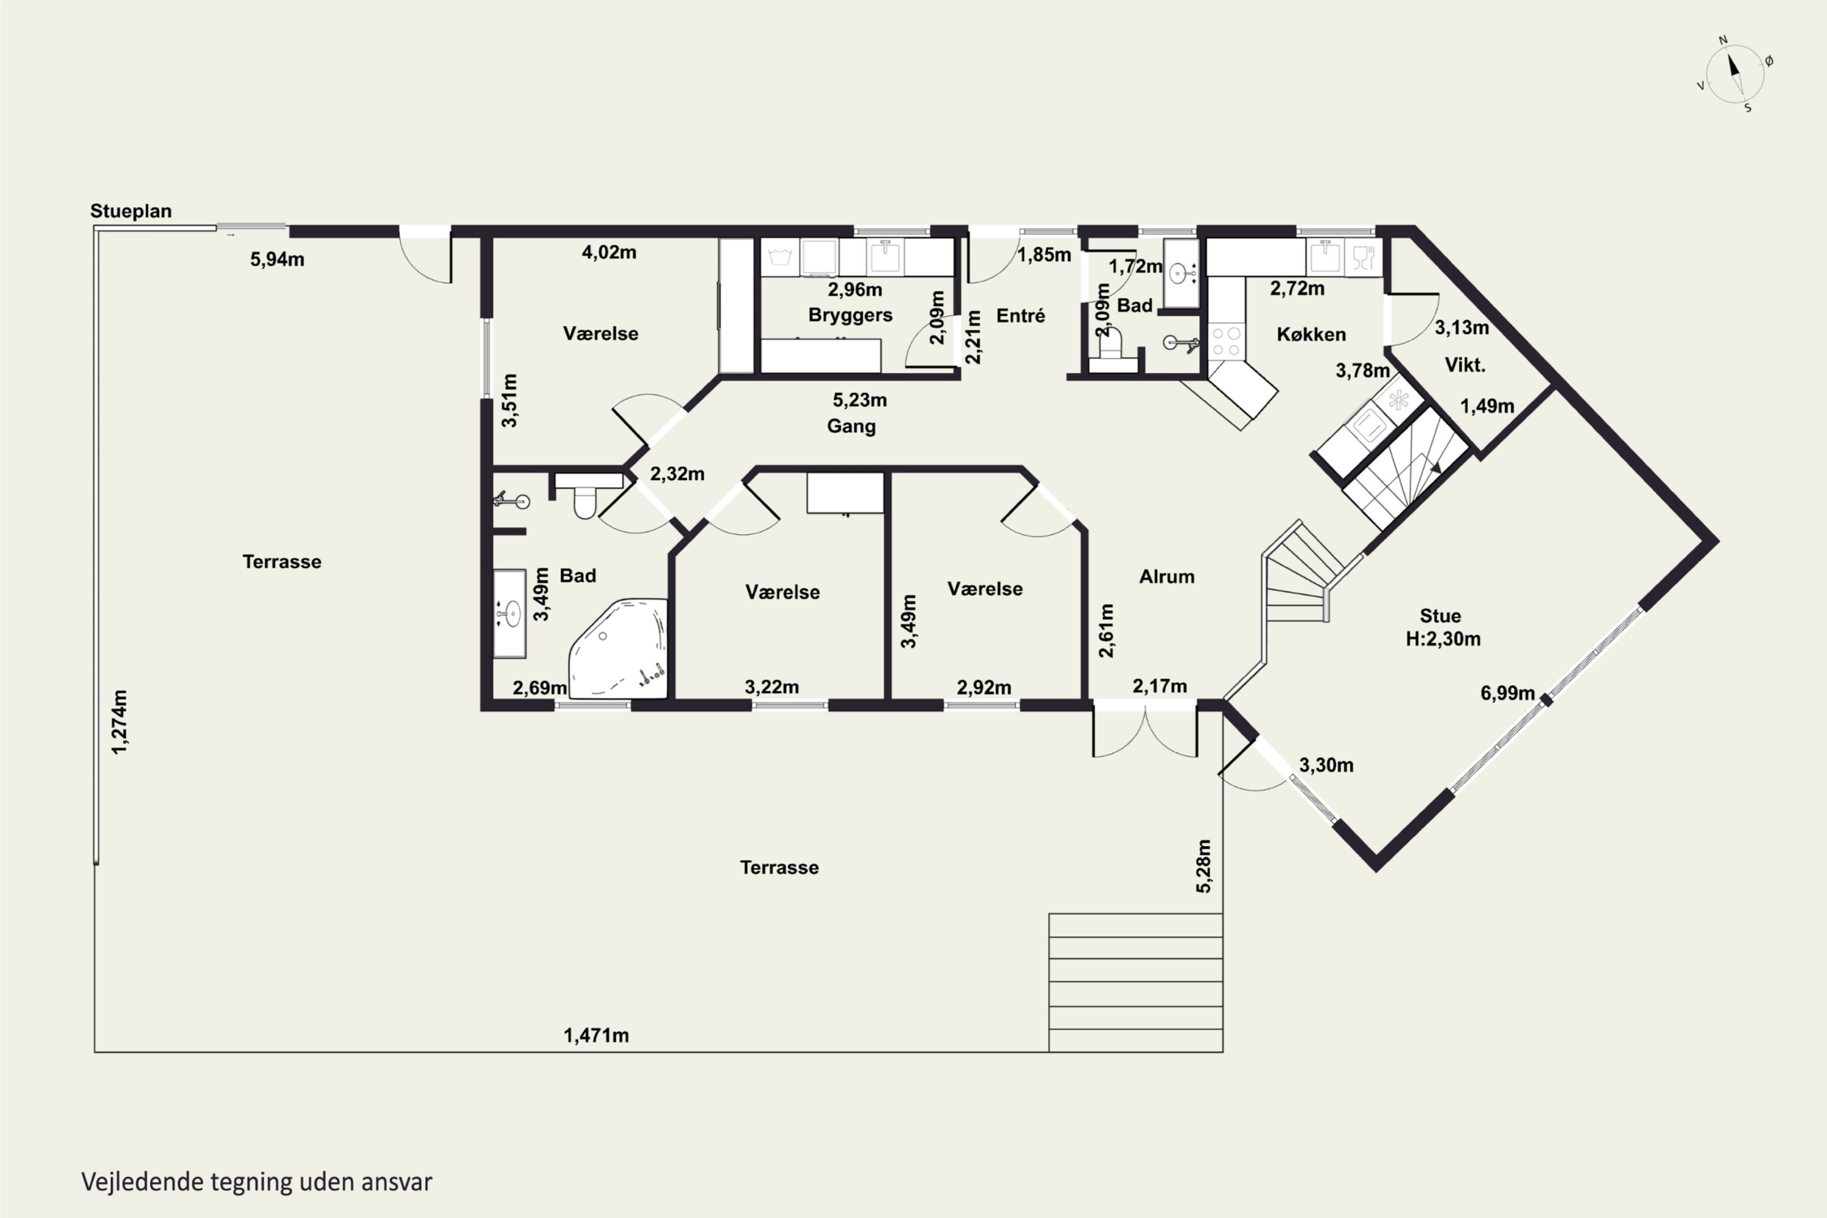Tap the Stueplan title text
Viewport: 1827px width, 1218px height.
[x=130, y=211]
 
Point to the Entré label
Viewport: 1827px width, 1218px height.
[x=1020, y=315]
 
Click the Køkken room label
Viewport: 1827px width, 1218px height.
[x=1311, y=334]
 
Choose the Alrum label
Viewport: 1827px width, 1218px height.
[x=1167, y=576]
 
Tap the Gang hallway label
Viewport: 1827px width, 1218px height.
[x=851, y=426]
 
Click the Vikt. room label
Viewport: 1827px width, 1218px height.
[x=1465, y=365]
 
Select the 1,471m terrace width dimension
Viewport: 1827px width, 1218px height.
[x=596, y=1035]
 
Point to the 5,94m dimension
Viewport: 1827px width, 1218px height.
[x=277, y=259]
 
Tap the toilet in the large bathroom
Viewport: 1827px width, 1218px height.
[x=585, y=497]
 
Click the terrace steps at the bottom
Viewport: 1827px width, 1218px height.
[x=1136, y=983]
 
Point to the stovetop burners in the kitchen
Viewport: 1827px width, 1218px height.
[x=1227, y=342]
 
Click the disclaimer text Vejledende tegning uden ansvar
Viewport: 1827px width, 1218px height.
[x=256, y=1182]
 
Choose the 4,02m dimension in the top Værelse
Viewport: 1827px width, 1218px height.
[x=609, y=253]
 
